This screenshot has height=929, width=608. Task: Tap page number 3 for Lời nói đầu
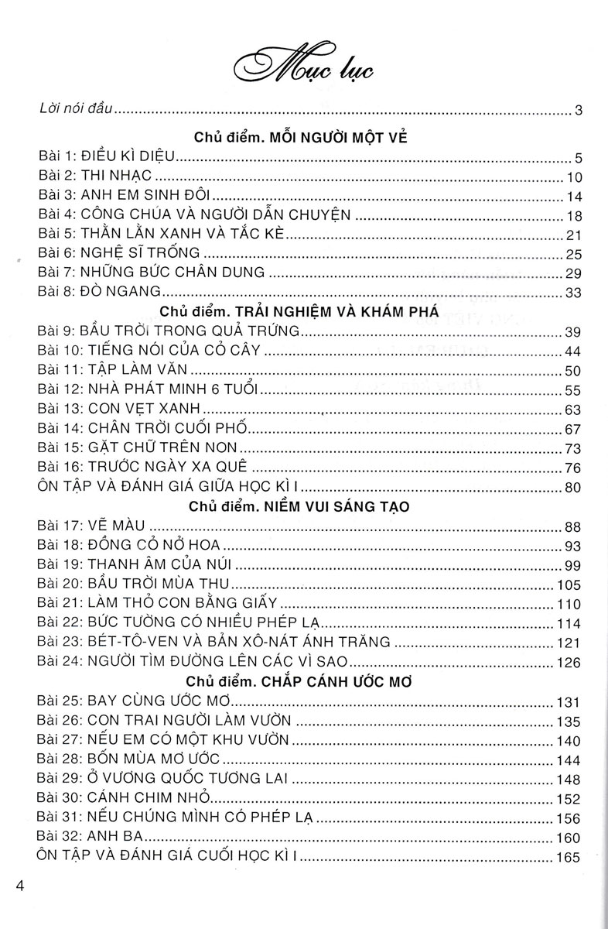click(579, 111)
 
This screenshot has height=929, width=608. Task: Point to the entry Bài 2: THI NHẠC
click(94, 176)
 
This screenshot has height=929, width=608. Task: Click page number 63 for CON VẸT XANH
click(575, 410)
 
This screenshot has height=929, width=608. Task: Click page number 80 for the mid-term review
click(575, 487)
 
